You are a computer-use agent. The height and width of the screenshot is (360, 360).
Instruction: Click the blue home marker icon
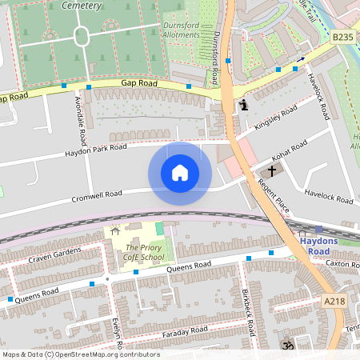click(180, 173)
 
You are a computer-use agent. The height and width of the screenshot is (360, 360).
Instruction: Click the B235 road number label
click(342, 37)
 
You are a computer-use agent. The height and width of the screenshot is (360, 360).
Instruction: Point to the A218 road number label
click(337, 302)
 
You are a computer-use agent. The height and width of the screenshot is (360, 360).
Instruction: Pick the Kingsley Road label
click(276, 119)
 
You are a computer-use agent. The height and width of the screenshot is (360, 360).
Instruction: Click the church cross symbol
click(271, 170)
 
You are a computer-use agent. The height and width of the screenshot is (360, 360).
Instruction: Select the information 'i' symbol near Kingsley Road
click(244, 105)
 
